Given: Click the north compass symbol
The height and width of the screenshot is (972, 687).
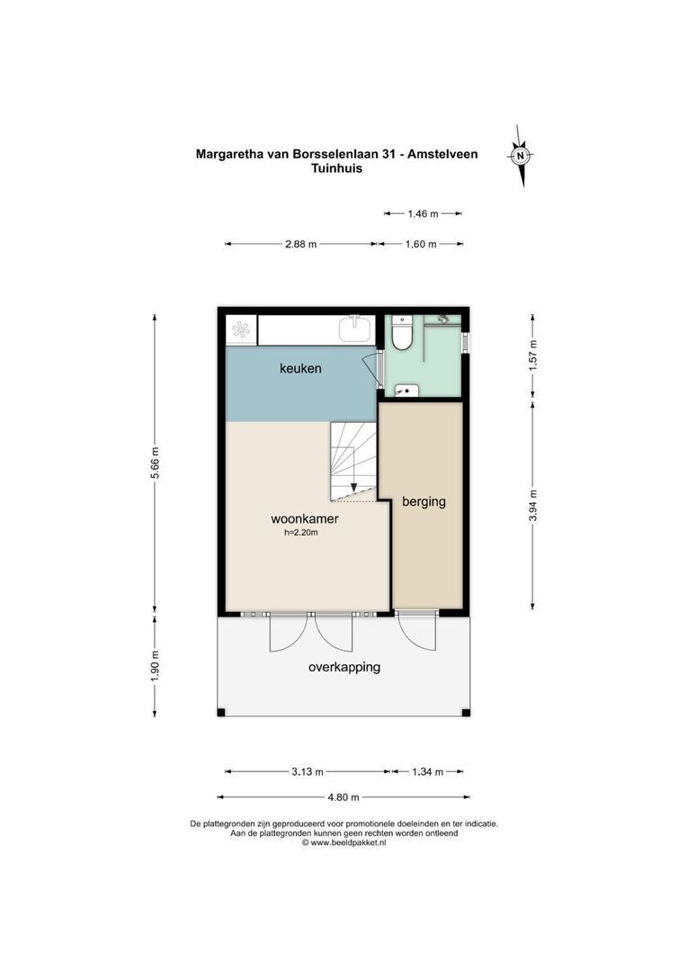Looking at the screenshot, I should click(520, 156).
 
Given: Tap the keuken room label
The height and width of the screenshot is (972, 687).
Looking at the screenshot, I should click(300, 369).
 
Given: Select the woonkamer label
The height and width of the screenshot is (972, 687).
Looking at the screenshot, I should click(305, 518).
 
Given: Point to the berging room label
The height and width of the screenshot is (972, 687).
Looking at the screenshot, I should click(424, 501).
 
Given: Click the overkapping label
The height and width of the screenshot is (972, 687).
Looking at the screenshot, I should click(343, 667).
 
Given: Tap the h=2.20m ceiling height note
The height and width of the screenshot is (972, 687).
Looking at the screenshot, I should click(301, 533).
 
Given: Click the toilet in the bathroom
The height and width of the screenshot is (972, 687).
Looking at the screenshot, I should click(402, 335).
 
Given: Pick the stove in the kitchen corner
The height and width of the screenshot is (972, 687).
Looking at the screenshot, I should click(241, 329).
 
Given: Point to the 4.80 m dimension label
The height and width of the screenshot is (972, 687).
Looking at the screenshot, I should click(343, 796).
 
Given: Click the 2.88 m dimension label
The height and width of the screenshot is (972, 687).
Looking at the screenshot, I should click(300, 244).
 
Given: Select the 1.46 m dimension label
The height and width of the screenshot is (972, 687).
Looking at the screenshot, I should click(422, 213).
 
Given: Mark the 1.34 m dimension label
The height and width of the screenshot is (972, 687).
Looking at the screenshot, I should click(428, 771).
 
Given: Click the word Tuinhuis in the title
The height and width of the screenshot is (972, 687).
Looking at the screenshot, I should click(336, 168).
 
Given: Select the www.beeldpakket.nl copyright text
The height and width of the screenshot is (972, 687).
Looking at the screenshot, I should click(343, 843).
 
